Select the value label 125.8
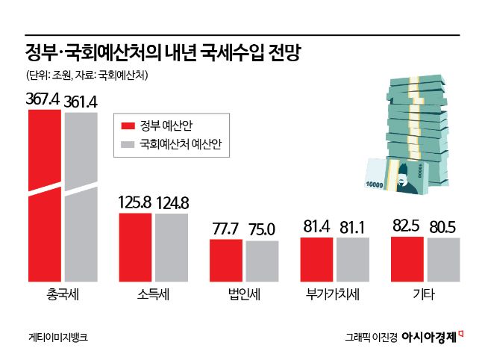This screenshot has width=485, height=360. (136, 202)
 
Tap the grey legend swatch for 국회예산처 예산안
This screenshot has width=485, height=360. (128, 146)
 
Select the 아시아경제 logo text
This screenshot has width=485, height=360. (428, 337)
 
